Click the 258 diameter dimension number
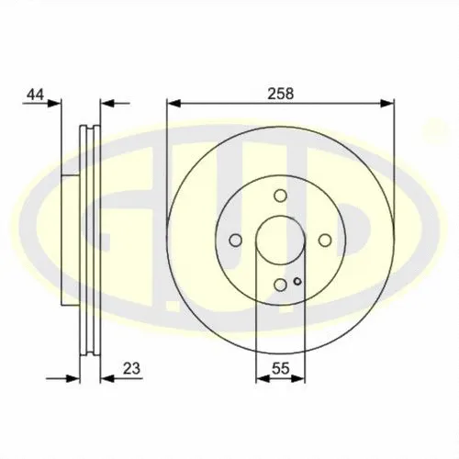(x=280, y=94)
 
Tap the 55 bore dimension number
(x=280, y=368)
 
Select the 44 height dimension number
(x=36, y=95)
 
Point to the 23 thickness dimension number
(x=131, y=368)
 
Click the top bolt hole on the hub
(x=280, y=196)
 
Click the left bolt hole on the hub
(x=235, y=241)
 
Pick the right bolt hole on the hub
(x=325, y=241)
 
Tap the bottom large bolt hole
(x=280, y=285)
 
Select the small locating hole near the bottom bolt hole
(x=297, y=281)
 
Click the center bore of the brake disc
(x=280, y=241)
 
